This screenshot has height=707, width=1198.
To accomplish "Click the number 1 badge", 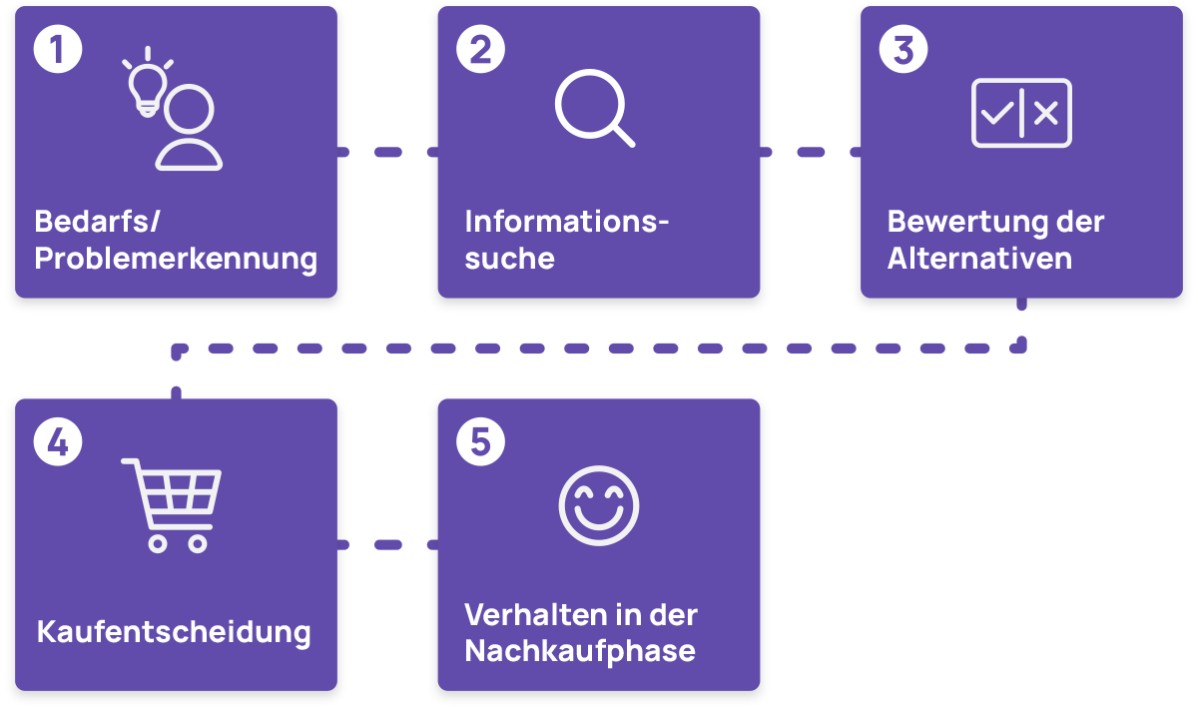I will pyautogui.click(x=58, y=50).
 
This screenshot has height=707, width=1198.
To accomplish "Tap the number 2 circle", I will pyautogui.click(x=480, y=50).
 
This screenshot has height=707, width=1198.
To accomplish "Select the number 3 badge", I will pyautogui.click(x=903, y=50).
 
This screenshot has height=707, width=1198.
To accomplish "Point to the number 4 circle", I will pyautogui.click(x=58, y=442).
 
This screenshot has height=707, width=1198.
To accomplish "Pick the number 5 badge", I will pyautogui.click(x=480, y=442).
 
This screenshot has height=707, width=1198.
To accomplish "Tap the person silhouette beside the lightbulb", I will pyautogui.click(x=190, y=130).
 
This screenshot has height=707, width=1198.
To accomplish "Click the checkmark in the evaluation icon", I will pyautogui.click(x=996, y=114).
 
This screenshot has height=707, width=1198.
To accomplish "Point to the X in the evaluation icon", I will pyautogui.click(x=1045, y=114).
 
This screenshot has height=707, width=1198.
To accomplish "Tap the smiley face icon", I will pyautogui.click(x=597, y=505).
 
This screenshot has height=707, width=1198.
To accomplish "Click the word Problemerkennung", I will pyautogui.click(x=176, y=260).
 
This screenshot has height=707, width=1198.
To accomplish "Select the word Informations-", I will pyautogui.click(x=566, y=222).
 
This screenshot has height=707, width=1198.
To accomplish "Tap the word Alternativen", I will pyautogui.click(x=979, y=259).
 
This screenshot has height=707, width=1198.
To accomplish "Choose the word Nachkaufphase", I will pyautogui.click(x=580, y=652).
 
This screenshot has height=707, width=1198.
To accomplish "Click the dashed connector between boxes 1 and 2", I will pyautogui.click(x=387, y=152).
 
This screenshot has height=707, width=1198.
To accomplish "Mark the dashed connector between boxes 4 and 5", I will pyautogui.click(x=387, y=545).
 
